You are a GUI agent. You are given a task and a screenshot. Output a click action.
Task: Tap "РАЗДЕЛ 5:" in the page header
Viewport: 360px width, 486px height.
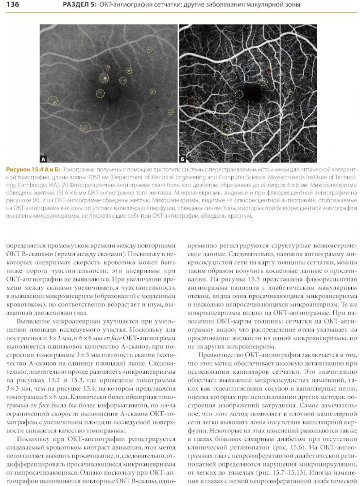pos(78,5)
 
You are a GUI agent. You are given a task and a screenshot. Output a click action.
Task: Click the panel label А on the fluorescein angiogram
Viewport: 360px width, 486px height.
pos(43,158)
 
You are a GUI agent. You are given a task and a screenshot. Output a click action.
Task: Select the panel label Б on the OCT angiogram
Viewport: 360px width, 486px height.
pos(183,158)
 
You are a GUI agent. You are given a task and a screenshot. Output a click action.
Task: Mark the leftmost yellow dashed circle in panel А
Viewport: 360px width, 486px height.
pos(52,101)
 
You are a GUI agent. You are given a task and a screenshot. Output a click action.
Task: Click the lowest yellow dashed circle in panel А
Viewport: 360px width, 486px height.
pos(85,127)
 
